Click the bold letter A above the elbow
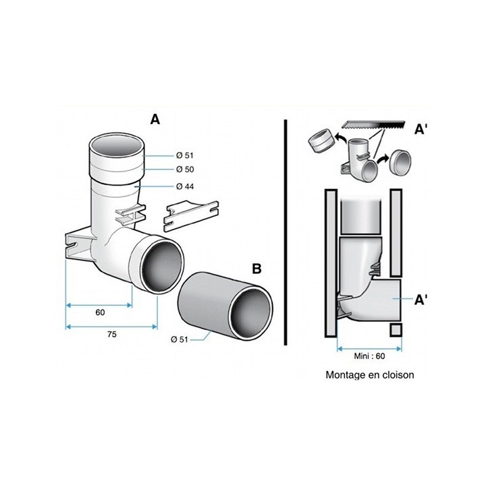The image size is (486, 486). coord(155,119)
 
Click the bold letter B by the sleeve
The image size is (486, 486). coord(256,269)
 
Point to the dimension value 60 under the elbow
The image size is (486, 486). coord(101,313)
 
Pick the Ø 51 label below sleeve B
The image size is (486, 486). coord(179,340)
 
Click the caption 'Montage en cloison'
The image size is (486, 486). coord(369,374)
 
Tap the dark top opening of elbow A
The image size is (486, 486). coord(116,144)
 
